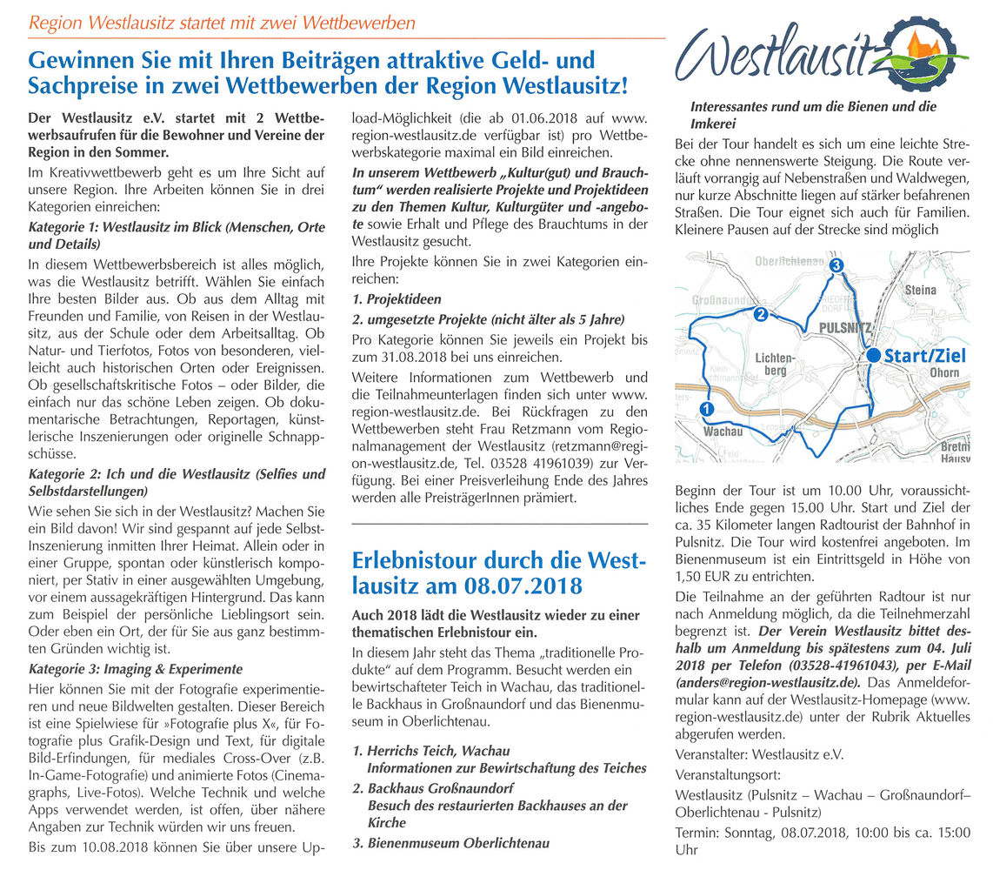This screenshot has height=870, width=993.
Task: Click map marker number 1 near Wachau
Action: pos(706,408)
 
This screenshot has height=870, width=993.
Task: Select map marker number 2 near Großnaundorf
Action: pos(759,314)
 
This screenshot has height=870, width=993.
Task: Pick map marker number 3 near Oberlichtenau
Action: pos(836,265)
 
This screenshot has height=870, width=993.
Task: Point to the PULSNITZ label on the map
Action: pos(844,327)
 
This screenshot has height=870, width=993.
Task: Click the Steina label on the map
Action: pos(921,290)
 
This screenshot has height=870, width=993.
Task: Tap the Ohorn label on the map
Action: pos(944,372)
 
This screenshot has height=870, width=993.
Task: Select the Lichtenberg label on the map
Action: pos(774,364)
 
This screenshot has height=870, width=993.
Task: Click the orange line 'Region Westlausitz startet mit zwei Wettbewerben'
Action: pos(222,23)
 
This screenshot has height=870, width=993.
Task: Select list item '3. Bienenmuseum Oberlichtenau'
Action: pos(450,842)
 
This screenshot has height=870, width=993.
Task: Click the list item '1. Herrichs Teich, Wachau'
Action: pos(431,750)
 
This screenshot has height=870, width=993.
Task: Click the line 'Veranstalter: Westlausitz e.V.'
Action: pos(759,754)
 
